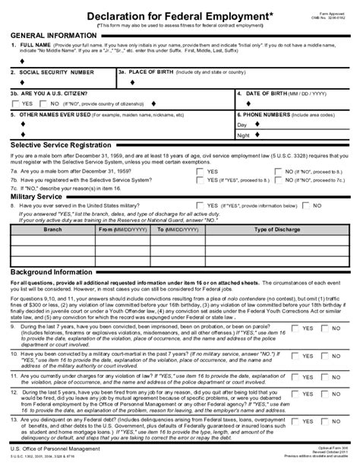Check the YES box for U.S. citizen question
(17, 103)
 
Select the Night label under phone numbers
(243, 135)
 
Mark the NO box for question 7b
(279, 180)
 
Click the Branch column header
(52, 228)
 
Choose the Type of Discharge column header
(278, 228)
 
